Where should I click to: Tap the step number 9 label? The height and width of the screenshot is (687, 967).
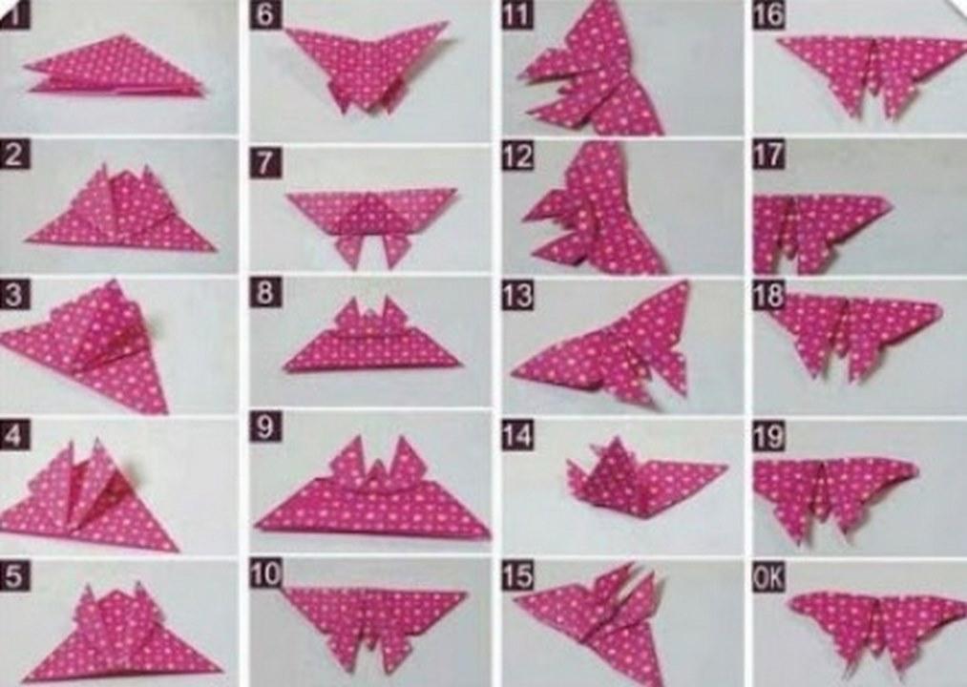(x=265, y=427)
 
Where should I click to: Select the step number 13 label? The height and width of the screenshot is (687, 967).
(x=516, y=295)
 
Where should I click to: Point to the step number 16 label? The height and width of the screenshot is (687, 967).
(x=768, y=15)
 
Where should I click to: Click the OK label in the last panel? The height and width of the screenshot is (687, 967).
(x=768, y=578)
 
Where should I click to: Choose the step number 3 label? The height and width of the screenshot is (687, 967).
(x=13, y=295)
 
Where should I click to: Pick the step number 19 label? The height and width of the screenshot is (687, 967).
(x=768, y=437)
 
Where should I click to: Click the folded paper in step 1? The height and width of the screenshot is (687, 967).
(x=115, y=68)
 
